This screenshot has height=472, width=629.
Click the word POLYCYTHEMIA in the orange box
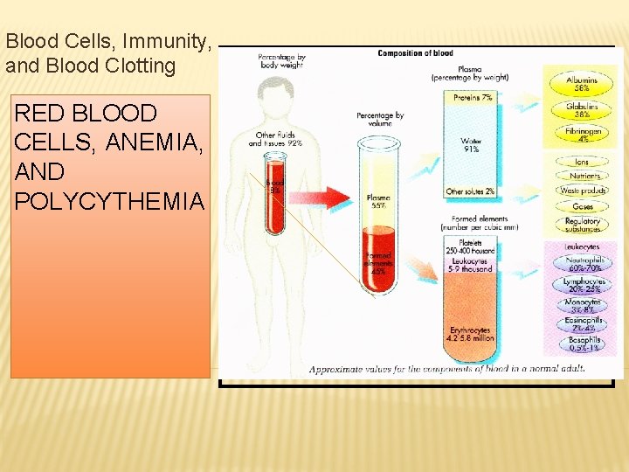[109, 201]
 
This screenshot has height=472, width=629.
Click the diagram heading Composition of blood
[415, 53]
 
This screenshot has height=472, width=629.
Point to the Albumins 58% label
[582, 84]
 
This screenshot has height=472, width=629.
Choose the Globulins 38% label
[582, 111]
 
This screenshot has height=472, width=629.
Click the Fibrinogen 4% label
[582, 135]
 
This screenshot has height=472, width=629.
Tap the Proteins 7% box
[473, 98]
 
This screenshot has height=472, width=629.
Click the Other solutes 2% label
[470, 191]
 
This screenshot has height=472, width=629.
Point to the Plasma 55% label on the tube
[378, 202]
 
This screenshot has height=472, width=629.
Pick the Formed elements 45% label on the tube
[378, 262]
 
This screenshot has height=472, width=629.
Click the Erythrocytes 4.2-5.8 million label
[470, 333]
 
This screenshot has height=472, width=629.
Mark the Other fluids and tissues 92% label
[275, 139]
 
